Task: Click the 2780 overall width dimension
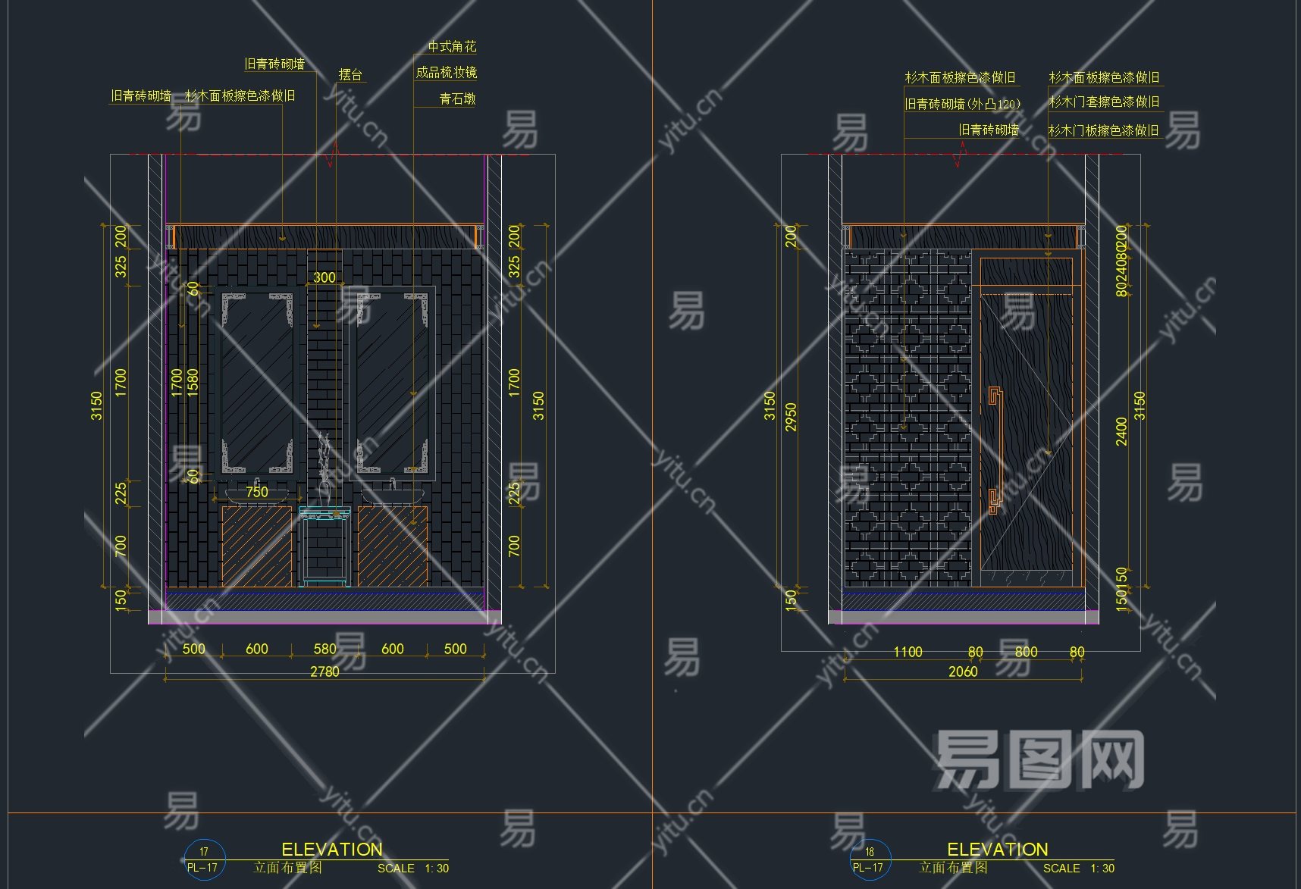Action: point(324,671)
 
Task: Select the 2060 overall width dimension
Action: point(963,671)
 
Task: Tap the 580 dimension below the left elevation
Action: point(324,649)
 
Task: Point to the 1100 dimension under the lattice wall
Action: point(908,652)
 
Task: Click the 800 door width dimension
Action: point(1026,652)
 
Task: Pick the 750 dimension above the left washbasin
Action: point(257,492)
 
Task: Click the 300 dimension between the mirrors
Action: point(324,277)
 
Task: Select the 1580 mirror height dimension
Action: point(193,383)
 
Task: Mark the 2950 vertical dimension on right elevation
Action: point(791,417)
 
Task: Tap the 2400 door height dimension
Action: point(1121,431)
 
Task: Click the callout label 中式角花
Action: point(452,47)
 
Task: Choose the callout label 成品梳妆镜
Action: point(446,73)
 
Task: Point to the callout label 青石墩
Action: point(457,99)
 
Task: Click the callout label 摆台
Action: point(350,74)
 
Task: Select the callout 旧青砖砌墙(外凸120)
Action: point(962,104)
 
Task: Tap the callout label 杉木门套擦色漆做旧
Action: point(1103,102)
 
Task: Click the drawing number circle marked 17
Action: point(204,859)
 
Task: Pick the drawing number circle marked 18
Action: point(870,859)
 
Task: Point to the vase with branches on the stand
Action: point(326,470)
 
